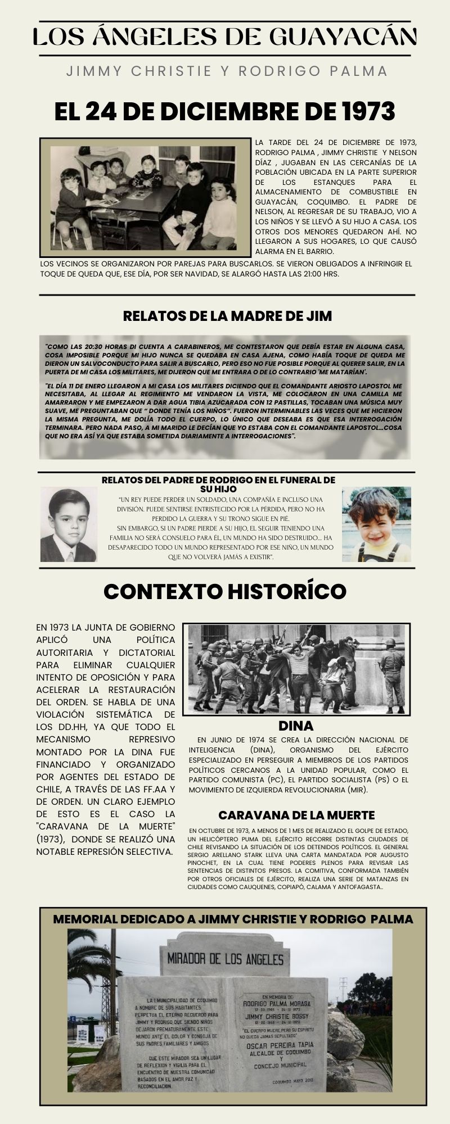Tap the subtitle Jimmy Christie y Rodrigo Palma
(x=227, y=71)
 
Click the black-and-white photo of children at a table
(x=145, y=197)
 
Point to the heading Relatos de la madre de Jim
(x=227, y=316)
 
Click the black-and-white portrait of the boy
(x=69, y=524)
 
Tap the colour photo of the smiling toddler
(x=376, y=524)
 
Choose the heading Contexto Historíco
(x=225, y=591)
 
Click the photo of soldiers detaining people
(x=296, y=668)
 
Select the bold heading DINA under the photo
(x=296, y=726)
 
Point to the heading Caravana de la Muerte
(x=296, y=815)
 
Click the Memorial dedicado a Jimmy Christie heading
(x=233, y=919)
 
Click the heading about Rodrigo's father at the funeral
(x=218, y=484)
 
